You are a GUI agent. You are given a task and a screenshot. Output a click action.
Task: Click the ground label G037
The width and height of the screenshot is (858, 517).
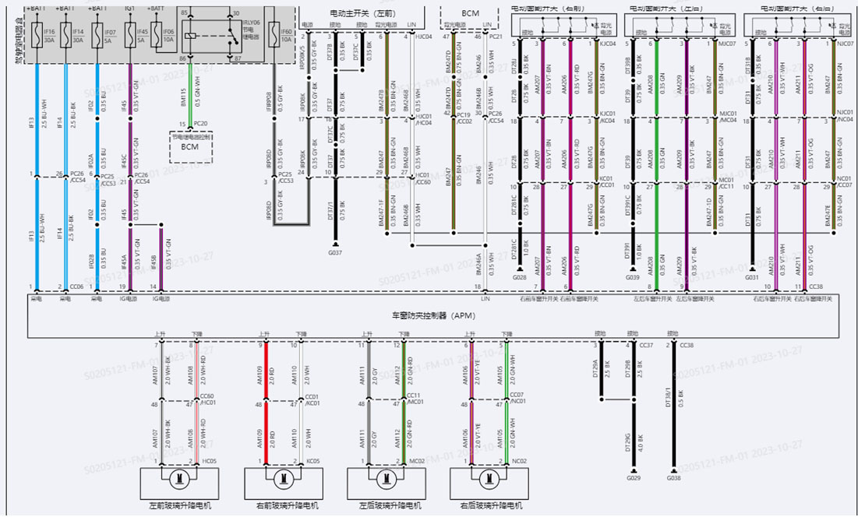(x=335, y=252)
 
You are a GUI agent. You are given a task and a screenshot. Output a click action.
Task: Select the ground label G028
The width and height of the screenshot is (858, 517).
(x=521, y=277)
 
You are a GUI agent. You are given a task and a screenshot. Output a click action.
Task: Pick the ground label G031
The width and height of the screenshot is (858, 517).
(x=752, y=277)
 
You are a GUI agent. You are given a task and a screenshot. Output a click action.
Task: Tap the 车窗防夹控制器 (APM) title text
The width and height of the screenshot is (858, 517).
(x=429, y=316)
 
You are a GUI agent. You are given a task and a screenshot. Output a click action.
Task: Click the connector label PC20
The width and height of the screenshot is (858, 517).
(x=200, y=124)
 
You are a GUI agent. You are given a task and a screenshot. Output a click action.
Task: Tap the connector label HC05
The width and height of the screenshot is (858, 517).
(x=209, y=461)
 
